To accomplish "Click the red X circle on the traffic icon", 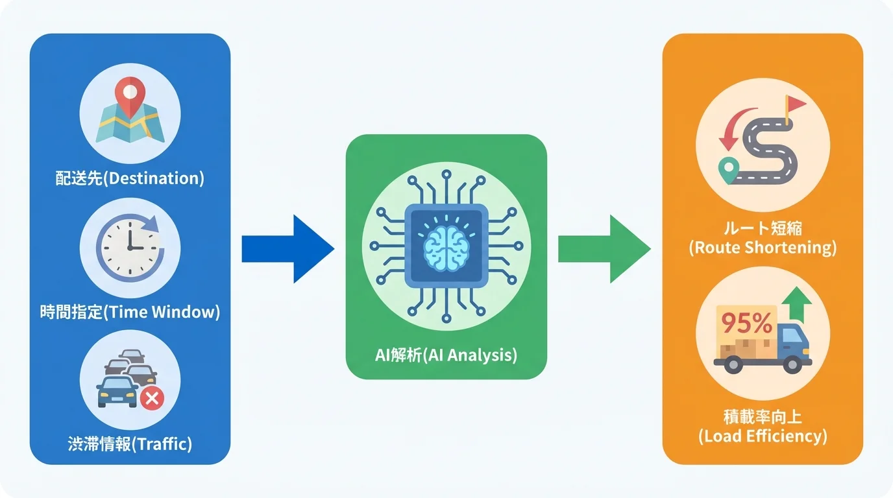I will click(x=153, y=397).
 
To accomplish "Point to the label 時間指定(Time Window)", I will click(x=130, y=312).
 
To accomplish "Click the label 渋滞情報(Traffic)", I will click(x=130, y=444).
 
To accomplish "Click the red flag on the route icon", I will click(x=794, y=106).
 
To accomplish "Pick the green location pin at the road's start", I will click(x=729, y=170).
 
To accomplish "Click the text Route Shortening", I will click(x=763, y=247).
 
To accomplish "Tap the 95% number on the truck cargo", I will click(x=747, y=322).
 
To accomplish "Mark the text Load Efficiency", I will click(x=763, y=436).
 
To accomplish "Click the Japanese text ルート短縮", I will click(x=763, y=228).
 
